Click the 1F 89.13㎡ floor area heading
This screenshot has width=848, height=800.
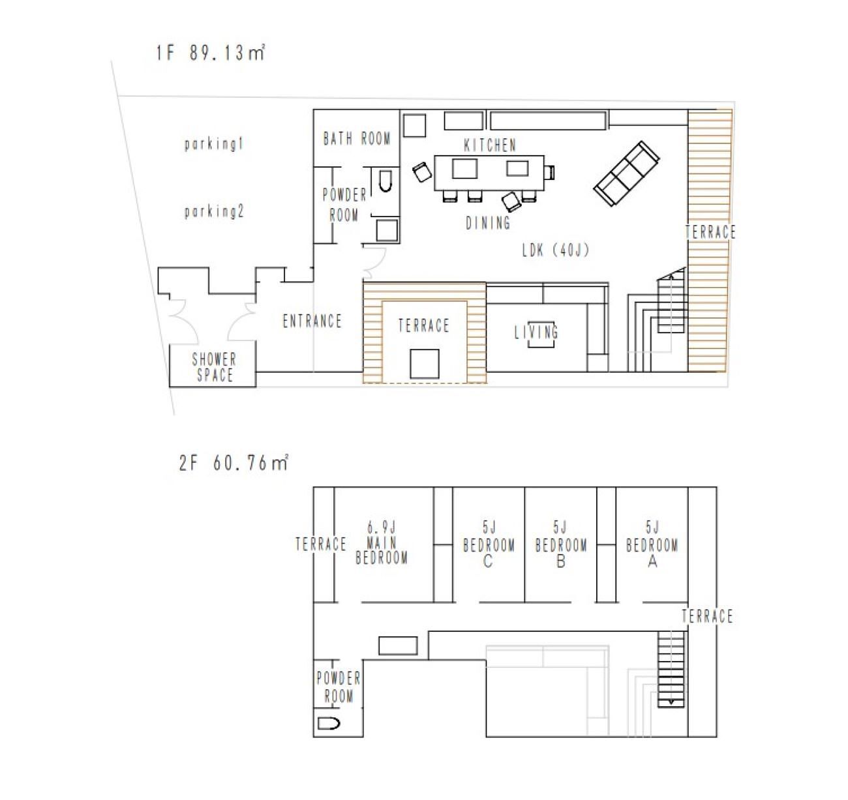point(210,53)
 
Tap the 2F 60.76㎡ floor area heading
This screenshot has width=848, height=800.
point(234,463)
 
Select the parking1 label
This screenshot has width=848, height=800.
point(214,144)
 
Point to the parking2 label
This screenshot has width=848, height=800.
point(214,212)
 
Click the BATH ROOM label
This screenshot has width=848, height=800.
point(357,139)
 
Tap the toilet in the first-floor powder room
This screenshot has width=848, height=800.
point(385,181)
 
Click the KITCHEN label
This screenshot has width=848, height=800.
point(490,145)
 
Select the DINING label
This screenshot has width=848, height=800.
point(488,223)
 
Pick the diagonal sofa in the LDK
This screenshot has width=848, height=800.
point(627,173)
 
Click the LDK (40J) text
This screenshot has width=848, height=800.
point(556,250)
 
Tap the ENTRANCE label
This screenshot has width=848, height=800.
point(312,321)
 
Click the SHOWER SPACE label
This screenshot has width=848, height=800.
point(215,366)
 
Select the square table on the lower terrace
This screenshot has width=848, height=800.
point(425,364)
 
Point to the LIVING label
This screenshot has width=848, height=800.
point(536,332)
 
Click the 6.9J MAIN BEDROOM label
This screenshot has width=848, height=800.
point(382,543)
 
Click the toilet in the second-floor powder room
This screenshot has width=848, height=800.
point(329,724)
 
